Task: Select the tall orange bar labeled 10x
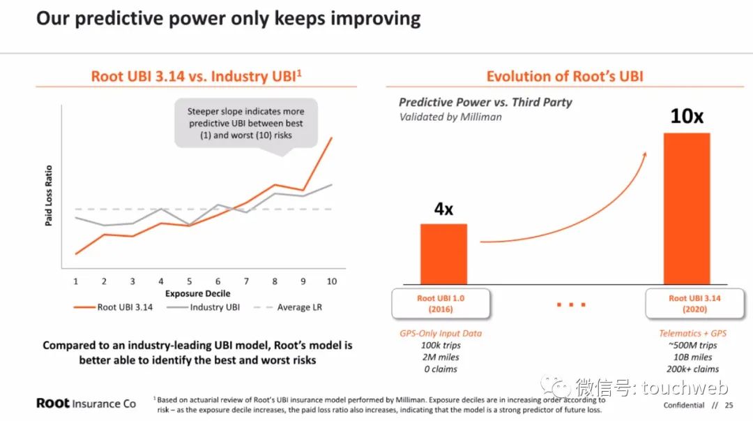coord(687,208)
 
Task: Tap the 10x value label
coord(687,115)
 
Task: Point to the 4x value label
coord(443,209)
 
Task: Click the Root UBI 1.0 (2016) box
coord(441,304)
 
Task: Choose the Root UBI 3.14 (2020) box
coord(694,304)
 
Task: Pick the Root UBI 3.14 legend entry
coord(113,307)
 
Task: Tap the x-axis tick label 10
coord(332,281)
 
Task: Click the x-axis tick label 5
coord(189,281)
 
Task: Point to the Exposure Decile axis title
coord(197,294)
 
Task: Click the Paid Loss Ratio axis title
coord(49,195)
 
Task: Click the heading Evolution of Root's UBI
coord(565,76)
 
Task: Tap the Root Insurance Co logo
coord(86,404)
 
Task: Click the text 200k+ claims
coord(692,369)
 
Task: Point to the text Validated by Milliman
coord(450,117)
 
